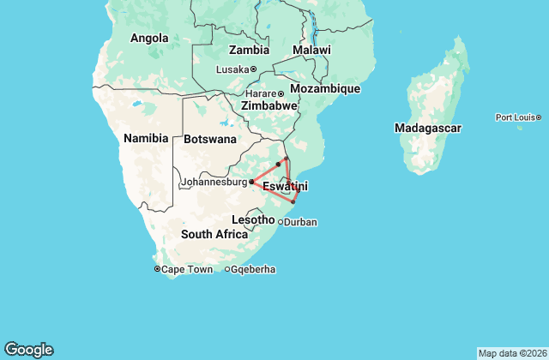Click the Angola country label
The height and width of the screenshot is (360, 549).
(149, 38)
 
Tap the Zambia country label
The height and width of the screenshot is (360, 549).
(249, 51)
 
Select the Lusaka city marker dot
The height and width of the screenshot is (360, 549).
(254, 69)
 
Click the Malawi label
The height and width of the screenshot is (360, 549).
(311, 51)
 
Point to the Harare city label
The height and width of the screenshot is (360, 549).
(260, 93)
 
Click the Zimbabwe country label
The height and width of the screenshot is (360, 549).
(269, 105)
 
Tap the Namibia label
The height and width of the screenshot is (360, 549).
(147, 138)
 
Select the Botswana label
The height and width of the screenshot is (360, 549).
(210, 139)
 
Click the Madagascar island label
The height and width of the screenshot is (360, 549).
(428, 128)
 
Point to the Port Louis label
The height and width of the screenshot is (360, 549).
(516, 117)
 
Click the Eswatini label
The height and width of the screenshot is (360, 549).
(285, 186)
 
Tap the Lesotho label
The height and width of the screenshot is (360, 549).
(253, 220)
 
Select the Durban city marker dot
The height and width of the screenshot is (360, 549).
(281, 222)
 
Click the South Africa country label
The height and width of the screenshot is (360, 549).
(214, 234)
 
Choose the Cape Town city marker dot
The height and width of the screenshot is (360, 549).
(157, 269)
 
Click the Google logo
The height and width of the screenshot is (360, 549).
(28, 349)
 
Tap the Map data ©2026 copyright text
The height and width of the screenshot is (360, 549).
(510, 353)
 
